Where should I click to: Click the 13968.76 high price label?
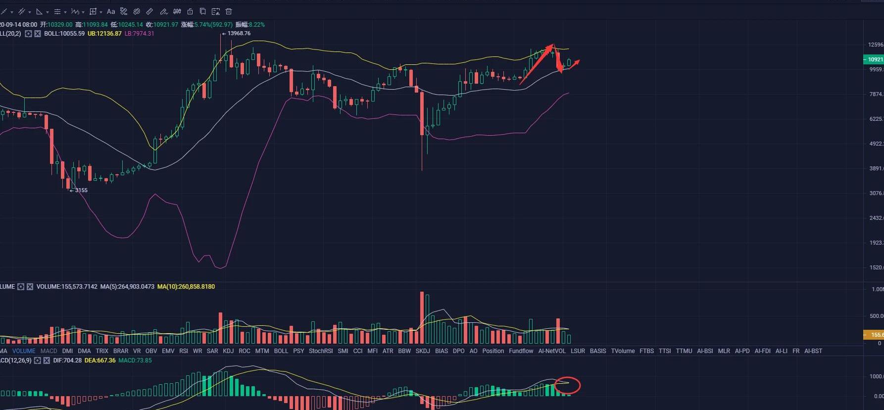point(239,34)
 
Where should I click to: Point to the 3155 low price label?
point(81,190)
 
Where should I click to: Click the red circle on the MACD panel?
point(567,385)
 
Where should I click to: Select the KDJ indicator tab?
point(228,351)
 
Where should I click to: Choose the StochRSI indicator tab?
point(321,351)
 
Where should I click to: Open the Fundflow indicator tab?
point(521,351)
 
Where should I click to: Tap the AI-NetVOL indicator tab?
point(551,351)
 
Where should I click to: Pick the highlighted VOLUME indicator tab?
point(24,351)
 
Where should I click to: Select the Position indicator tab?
point(493,351)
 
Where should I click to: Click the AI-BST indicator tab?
point(813,351)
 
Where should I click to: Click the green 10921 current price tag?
point(874,59)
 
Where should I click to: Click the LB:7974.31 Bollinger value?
point(139,34)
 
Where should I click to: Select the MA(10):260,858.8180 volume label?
point(186,287)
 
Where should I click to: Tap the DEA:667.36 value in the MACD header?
point(100,360)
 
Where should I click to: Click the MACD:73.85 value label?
point(135,360)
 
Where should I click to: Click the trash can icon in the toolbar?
point(229,11)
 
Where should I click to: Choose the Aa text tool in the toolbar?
point(111,11)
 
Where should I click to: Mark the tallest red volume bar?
point(422,317)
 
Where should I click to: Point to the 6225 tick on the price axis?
point(876,119)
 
